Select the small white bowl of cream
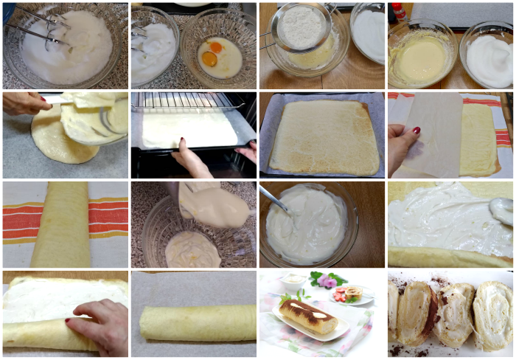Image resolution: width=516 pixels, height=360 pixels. point(293,281)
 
